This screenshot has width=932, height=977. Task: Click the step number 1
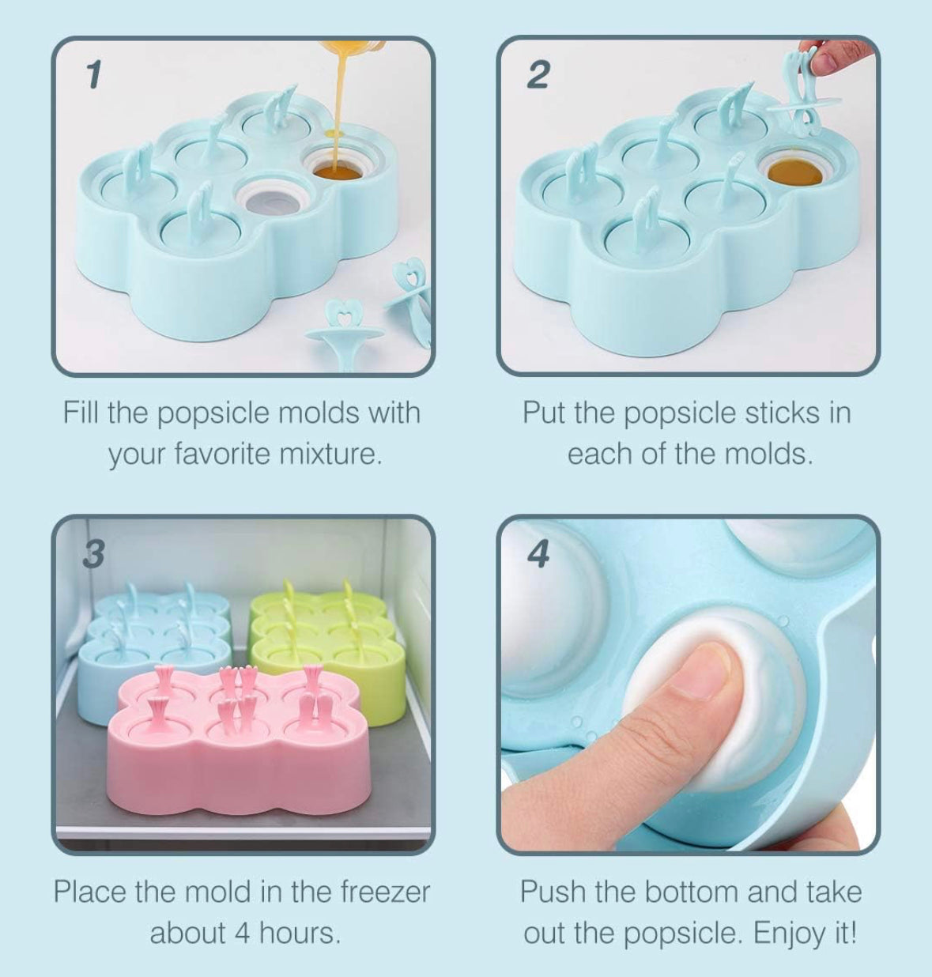pyautogui.click(x=94, y=75)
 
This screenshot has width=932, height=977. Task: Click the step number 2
pyautogui.click(x=538, y=75)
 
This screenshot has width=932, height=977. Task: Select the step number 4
pyautogui.click(x=538, y=555)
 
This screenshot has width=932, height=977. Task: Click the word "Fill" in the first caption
pyautogui.click(x=81, y=413)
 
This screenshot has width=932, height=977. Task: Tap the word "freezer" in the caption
pyautogui.click(x=385, y=892)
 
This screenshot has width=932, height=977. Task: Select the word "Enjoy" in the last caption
pyautogui.click(x=790, y=934)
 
